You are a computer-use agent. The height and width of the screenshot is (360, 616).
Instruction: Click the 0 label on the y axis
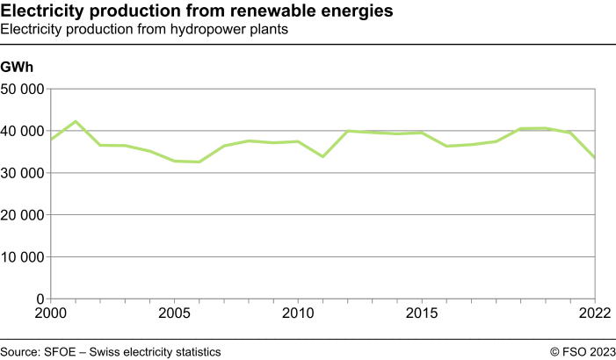[40, 299]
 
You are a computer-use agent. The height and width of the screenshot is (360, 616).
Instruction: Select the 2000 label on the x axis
[51, 313]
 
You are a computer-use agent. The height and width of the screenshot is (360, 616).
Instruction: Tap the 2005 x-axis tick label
[174, 313]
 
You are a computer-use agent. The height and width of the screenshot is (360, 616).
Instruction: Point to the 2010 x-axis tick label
[298, 313]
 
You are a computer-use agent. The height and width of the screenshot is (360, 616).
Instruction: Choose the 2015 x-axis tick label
[422, 313]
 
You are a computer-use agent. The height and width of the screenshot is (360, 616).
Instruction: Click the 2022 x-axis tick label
[595, 313]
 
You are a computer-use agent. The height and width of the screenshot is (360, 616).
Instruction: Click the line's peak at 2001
[76, 121]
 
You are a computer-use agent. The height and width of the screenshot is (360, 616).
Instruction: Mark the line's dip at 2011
[323, 156]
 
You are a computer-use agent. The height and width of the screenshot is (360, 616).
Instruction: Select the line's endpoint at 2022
[595, 157]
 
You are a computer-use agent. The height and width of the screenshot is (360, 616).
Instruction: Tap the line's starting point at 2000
[51, 140]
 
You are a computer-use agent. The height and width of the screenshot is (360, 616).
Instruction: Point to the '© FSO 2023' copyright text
[583, 351]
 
